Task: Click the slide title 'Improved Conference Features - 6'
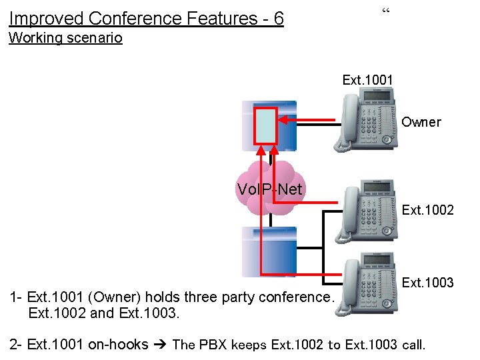[x=147, y=18]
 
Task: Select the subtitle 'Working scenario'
[x=65, y=38]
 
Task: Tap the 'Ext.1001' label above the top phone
[x=367, y=80]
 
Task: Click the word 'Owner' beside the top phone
[x=421, y=122]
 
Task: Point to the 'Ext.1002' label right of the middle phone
[x=428, y=210]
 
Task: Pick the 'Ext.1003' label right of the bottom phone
[x=428, y=283]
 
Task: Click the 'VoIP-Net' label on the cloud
[x=269, y=190]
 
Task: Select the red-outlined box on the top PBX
[x=265, y=126]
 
